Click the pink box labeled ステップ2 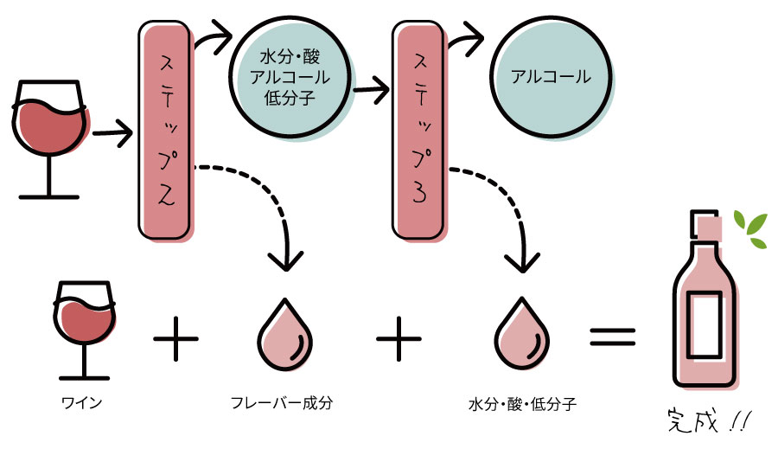point(164,130)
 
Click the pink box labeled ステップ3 point(418,130)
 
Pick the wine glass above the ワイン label point(85,329)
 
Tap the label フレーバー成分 point(282,403)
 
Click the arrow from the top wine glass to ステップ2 point(112,133)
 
